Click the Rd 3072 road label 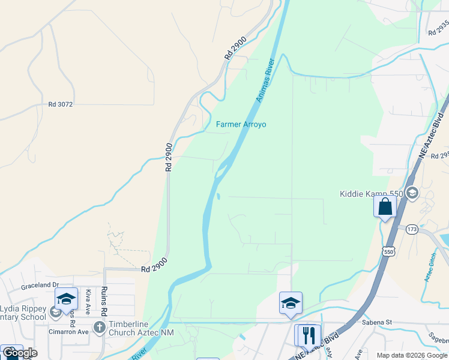pyautogui.click(x=61, y=104)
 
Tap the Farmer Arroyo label pyautogui.click(x=241, y=125)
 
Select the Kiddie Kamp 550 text pyautogui.click(x=372, y=194)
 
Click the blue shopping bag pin pyautogui.click(x=385, y=207)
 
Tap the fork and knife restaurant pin pyautogui.click(x=310, y=334)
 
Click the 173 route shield pyautogui.click(x=411, y=229)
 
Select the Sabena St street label pyautogui.click(x=377, y=322)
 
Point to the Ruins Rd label pyautogui.click(x=104, y=301)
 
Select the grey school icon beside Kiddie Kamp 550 pyautogui.click(x=412, y=194)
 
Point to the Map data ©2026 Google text pyautogui.click(x=412, y=355)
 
